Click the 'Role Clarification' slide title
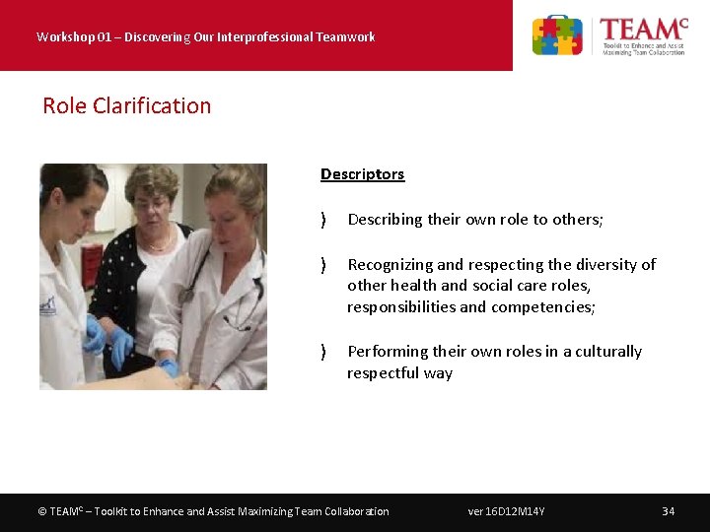pos(126,105)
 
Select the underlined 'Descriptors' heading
pos(362,174)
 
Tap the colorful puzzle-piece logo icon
pos(557,35)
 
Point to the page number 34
pos(668,511)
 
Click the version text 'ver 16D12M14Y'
pos(506,511)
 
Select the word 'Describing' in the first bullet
pos(385,220)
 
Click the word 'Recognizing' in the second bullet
pos(390,264)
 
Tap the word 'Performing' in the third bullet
pos(387,351)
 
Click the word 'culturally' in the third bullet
pos(605,351)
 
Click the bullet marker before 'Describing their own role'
pos(323,220)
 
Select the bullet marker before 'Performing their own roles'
pos(323,352)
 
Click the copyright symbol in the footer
pos(41,511)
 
